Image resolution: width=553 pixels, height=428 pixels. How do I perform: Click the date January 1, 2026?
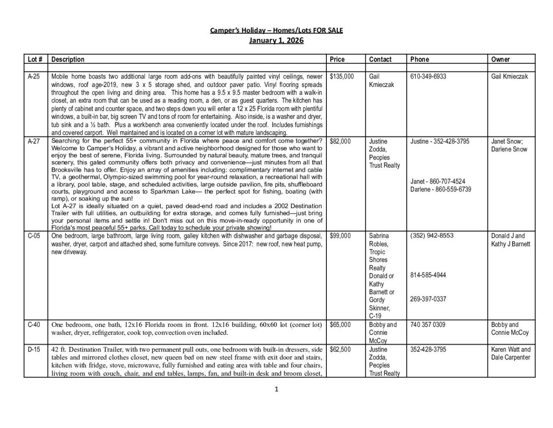click(276, 41)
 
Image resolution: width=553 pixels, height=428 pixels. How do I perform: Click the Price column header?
click(337, 59)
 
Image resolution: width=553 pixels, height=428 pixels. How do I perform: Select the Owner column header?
click(500, 59)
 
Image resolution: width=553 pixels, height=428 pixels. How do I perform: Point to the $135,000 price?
click(341, 76)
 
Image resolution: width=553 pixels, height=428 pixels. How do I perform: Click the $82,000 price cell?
click(340, 141)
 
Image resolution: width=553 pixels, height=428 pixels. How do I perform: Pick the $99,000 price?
click(340, 236)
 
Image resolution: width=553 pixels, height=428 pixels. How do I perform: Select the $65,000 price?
click(340, 325)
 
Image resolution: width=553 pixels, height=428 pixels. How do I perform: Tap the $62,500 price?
click(340, 349)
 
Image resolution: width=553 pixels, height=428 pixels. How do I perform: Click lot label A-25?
click(34, 76)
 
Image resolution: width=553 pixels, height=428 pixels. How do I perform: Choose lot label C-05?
click(34, 236)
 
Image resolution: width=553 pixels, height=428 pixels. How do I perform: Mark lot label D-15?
click(34, 349)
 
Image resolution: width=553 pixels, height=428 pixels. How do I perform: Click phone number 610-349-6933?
click(428, 76)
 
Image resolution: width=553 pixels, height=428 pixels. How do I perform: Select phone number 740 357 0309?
click(428, 325)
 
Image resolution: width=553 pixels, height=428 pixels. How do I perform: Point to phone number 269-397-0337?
click(428, 299)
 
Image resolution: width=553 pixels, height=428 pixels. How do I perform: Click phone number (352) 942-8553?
click(432, 236)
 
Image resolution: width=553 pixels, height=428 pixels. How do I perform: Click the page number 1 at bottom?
click(276, 390)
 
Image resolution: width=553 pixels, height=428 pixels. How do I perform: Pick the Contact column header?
click(380, 59)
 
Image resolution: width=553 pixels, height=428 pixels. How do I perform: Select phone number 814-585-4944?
click(428, 275)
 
